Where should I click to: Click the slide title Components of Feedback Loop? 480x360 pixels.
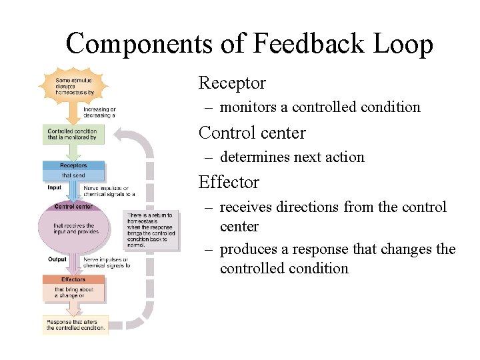coord(249,44)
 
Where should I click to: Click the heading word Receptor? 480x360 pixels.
coord(232,83)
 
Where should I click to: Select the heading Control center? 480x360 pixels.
coord(252,133)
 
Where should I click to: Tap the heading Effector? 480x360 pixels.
coord(229,182)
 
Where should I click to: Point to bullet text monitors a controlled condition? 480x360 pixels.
coord(320,107)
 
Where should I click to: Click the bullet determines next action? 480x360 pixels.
coord(292,157)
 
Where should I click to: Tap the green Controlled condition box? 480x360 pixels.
coord(73,134)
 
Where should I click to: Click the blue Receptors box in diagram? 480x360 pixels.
coord(73,170)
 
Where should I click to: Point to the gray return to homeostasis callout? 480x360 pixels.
coord(151,230)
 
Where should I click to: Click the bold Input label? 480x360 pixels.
coord(55,188)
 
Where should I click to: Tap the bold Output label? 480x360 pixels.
coord(57,259)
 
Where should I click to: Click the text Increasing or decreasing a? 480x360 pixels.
coord(100,112)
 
